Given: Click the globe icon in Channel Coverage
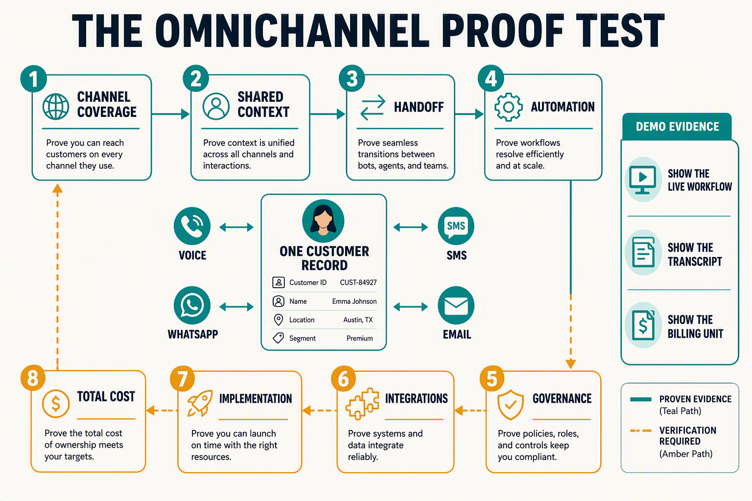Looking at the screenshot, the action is pos(56,106).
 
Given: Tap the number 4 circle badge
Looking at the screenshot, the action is pos(491,78).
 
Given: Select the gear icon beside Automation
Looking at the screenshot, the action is pos(508,107).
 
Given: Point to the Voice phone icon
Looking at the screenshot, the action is pos(192,226).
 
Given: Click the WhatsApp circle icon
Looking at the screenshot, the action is pos(192,305).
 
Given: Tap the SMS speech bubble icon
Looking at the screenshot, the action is pos(456,226).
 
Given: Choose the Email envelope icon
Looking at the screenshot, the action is pos(456,305).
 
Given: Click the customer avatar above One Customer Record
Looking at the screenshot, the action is pos(323,221).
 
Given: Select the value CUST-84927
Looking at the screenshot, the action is pos(358,283).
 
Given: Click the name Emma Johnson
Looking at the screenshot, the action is pos(354,301).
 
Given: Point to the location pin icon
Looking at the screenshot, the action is pos(278,320).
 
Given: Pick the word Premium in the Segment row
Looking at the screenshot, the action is pos(359,338).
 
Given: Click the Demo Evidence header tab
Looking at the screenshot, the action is pos(677,127).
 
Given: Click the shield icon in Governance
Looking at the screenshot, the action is pos(510,405).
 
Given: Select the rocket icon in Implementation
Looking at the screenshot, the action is pos(200,403).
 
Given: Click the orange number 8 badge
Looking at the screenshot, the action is pos(33,378).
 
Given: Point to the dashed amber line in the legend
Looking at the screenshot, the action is pos(640,431).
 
